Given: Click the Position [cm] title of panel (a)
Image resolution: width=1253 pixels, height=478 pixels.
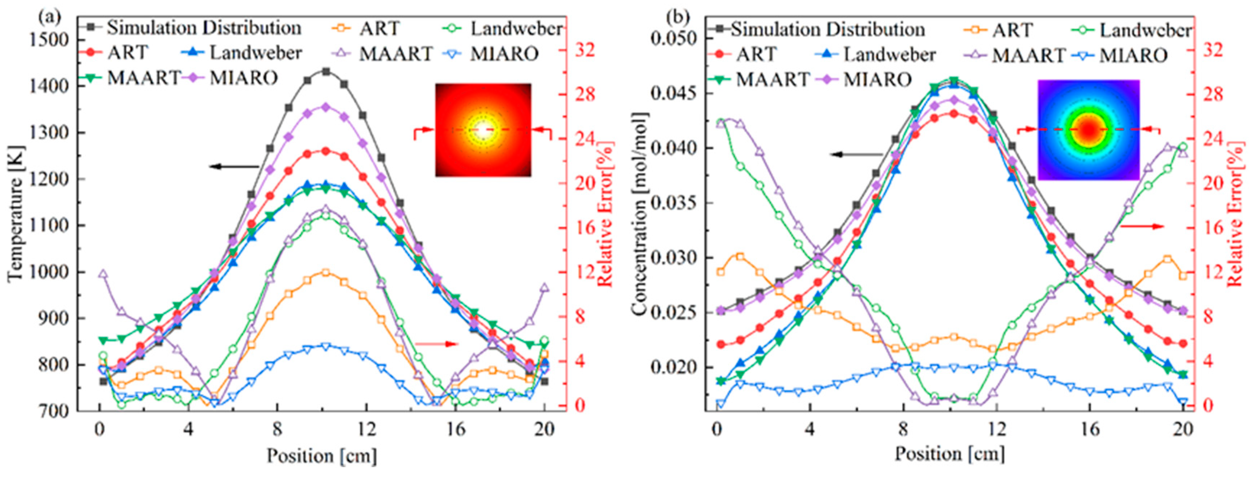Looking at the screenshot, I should point(321,456).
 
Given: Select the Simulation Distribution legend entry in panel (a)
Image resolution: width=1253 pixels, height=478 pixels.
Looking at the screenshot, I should point(194,28).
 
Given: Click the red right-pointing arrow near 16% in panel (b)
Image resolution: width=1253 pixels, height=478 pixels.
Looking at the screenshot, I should point(1142,226).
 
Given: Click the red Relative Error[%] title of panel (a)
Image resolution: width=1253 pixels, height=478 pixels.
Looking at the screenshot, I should point(604,214).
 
